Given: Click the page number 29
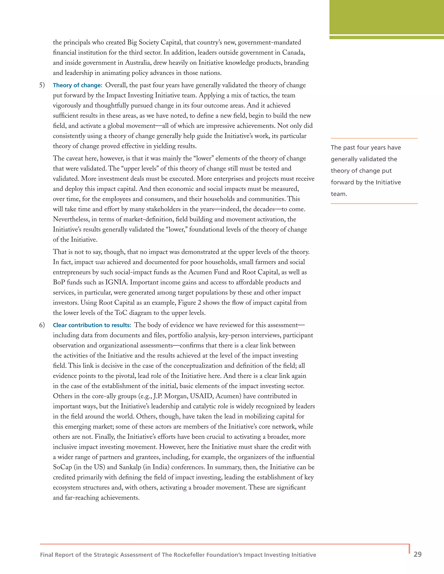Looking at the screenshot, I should click(x=417, y=554).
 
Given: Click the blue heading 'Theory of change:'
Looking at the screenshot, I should click(x=77, y=85).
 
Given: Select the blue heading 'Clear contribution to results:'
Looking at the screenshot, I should click(x=92, y=325).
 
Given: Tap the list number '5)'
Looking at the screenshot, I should click(x=42, y=85).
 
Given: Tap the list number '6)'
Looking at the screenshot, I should click(x=42, y=325).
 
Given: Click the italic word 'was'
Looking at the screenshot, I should click(x=100, y=262).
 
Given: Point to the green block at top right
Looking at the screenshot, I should click(x=386, y=17).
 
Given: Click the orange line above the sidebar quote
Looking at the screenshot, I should click(x=374, y=138).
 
